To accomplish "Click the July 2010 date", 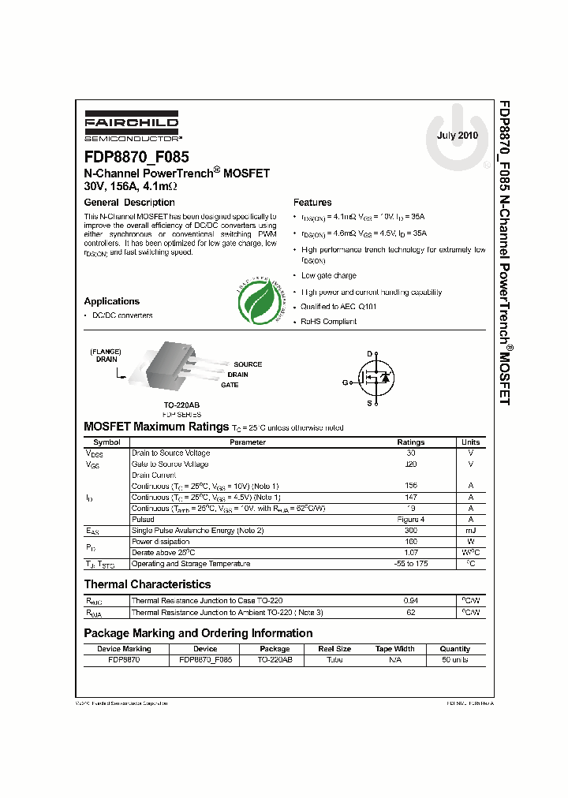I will (x=458, y=135).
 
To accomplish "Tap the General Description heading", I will (x=129, y=203).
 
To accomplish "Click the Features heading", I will (x=312, y=203).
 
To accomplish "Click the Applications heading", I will (x=112, y=301).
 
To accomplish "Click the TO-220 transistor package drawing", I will (x=173, y=365).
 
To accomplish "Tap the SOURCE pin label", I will (x=248, y=364).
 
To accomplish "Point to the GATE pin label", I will (x=230, y=385).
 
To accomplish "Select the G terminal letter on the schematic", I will (x=344, y=382).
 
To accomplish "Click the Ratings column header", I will (x=410, y=442).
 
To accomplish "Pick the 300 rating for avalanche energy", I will (x=410, y=531).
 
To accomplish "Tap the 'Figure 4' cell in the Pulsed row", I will (x=410, y=520).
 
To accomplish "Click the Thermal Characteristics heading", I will (x=148, y=584).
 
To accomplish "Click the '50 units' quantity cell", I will (x=454, y=659).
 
